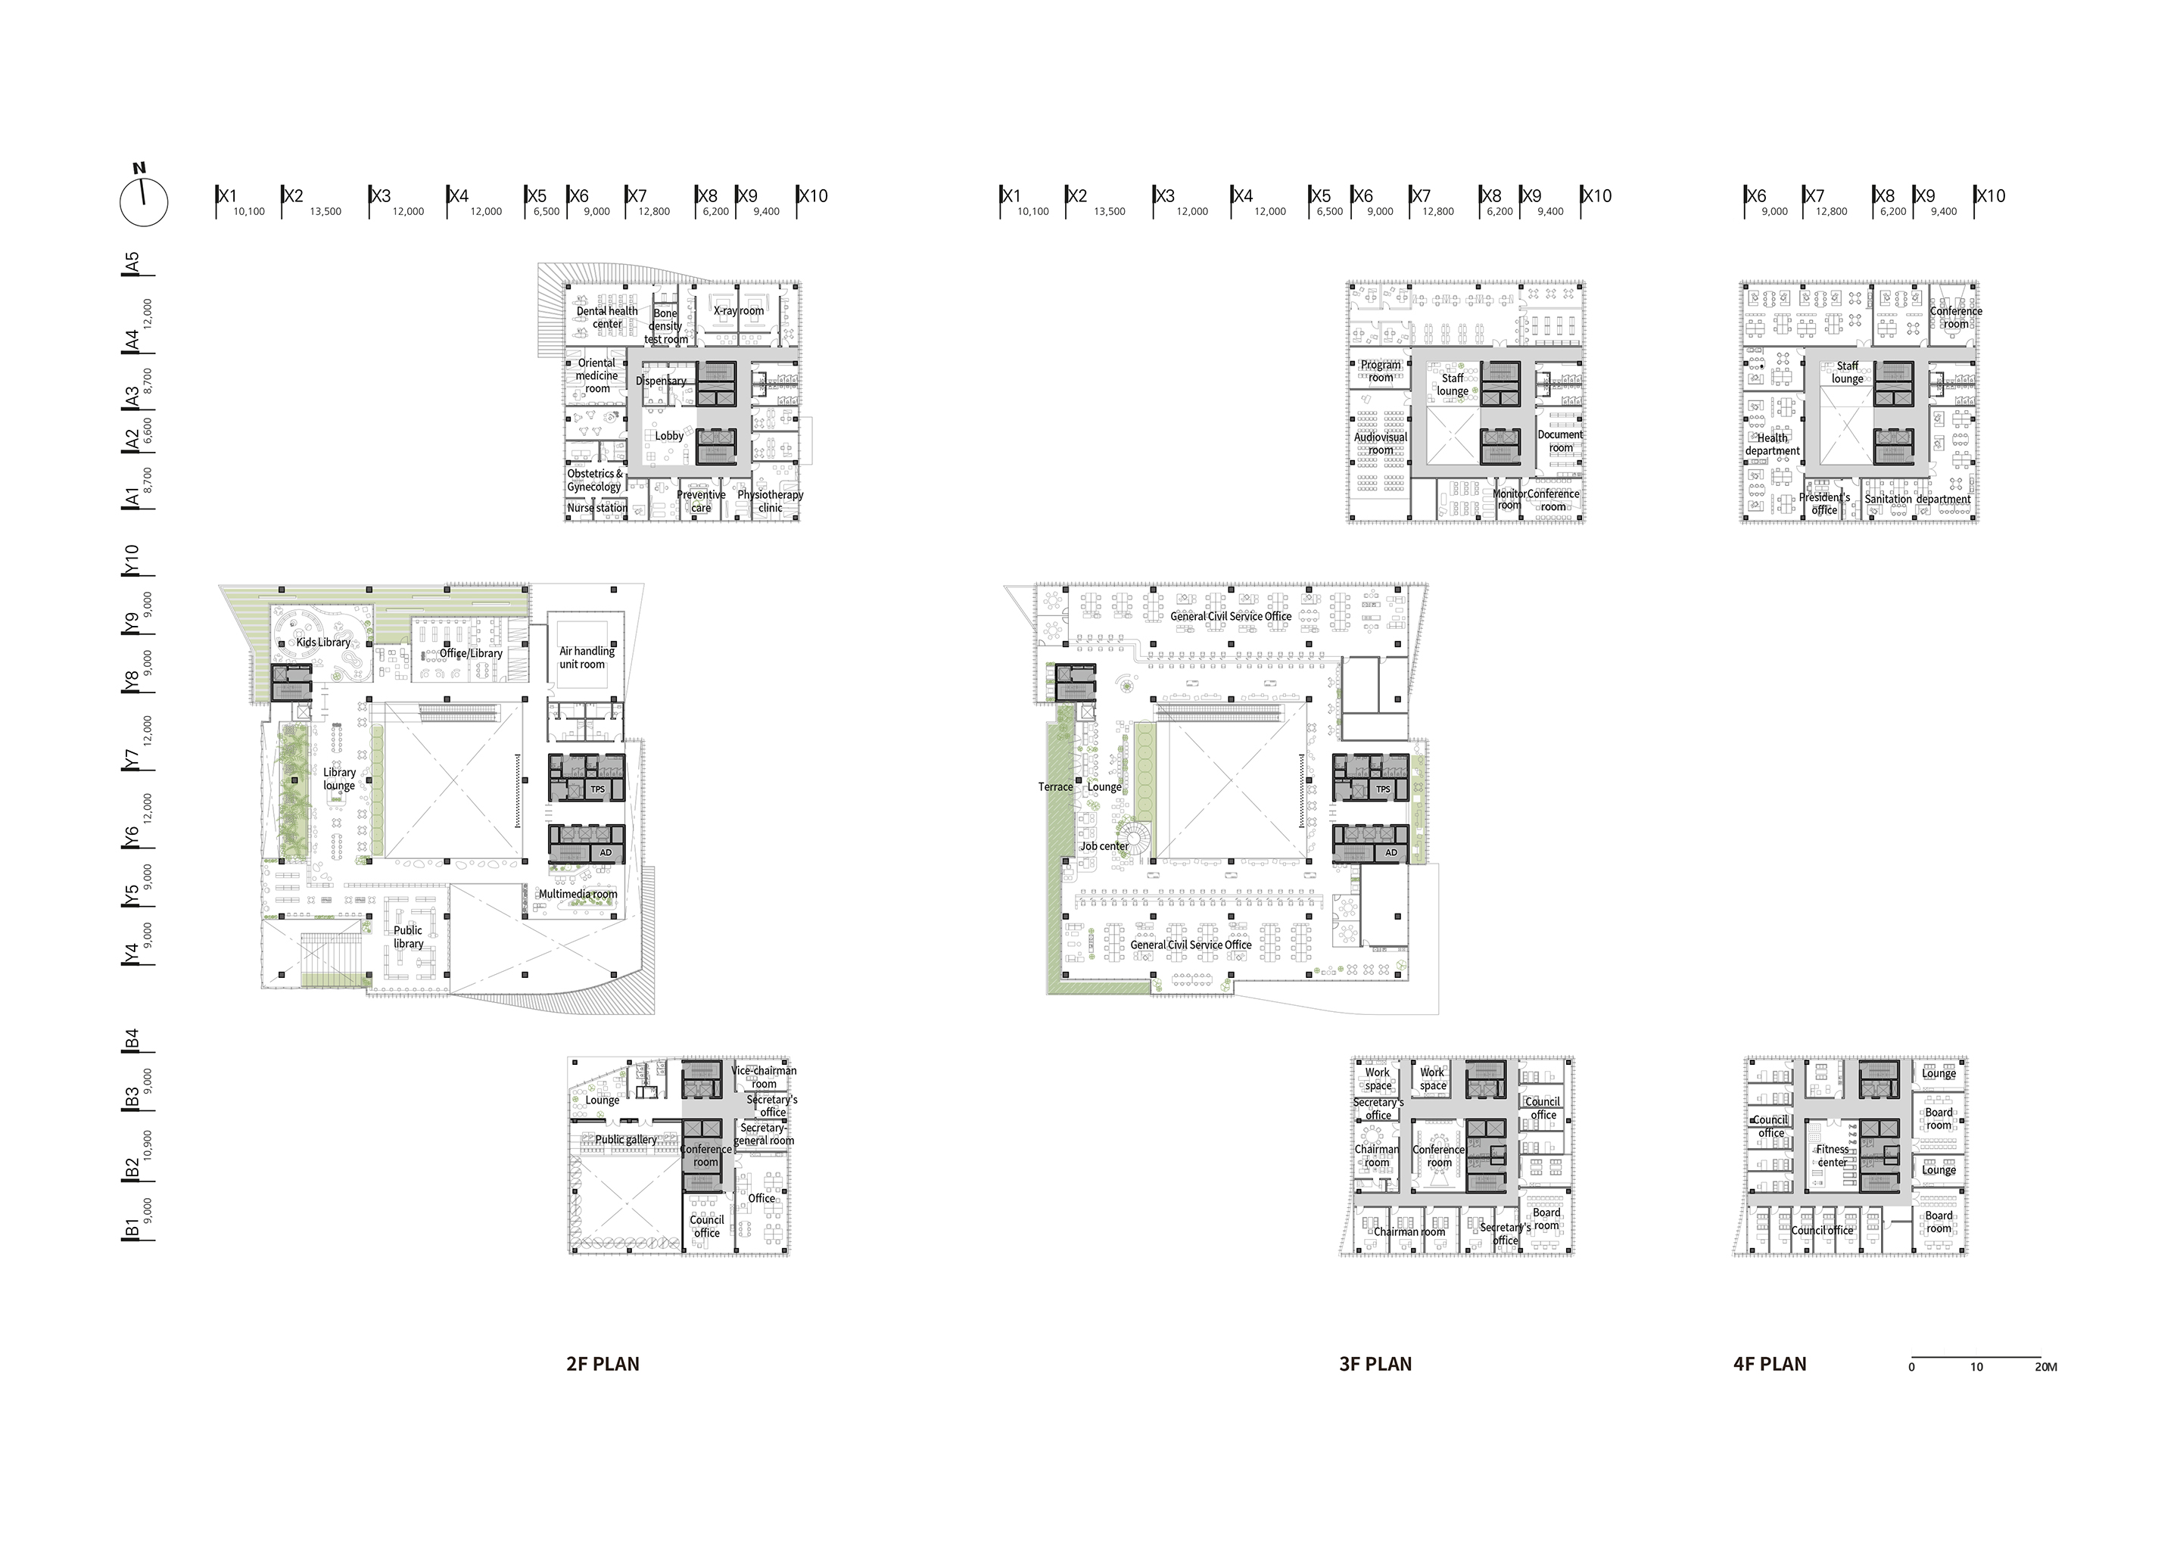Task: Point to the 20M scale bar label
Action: point(2045,1367)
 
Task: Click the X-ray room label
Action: point(738,310)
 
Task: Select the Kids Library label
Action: point(322,642)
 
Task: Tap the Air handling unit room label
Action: point(586,657)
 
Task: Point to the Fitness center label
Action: point(1833,1156)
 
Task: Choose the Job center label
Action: point(1104,846)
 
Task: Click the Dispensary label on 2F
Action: point(661,381)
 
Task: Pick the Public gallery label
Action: point(626,1139)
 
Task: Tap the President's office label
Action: point(1824,503)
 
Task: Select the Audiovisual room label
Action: point(1381,444)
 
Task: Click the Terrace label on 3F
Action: point(1055,787)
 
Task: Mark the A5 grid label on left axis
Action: point(133,262)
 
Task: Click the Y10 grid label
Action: point(133,559)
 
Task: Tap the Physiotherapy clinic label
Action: point(770,500)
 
